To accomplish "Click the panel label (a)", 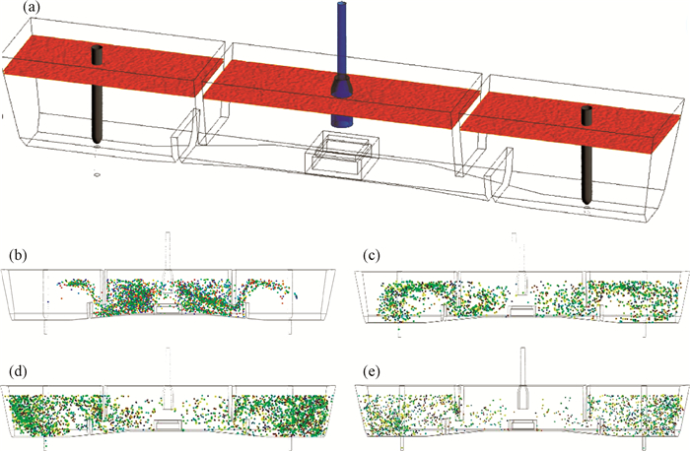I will pos(18,11).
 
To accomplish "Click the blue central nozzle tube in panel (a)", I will pos(341,39).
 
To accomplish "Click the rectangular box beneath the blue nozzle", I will pos(341,156).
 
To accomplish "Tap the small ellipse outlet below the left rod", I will pos(98,173).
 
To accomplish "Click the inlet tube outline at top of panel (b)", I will pos(169,249).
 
